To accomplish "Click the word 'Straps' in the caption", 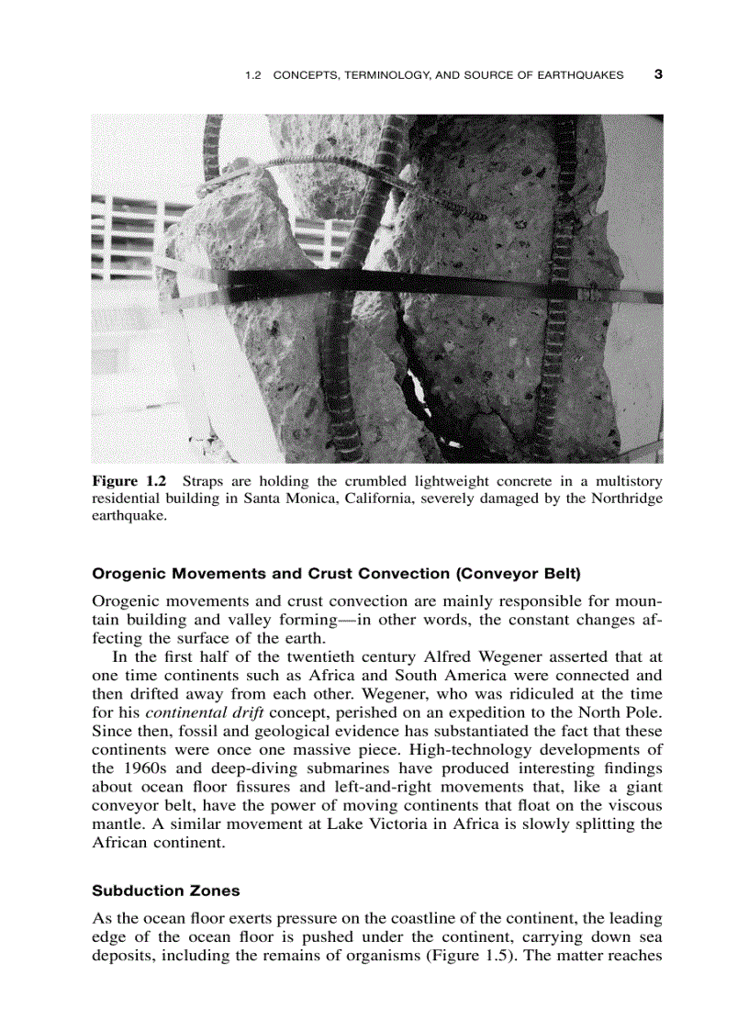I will (205, 481).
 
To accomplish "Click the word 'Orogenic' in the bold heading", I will (129, 576).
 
